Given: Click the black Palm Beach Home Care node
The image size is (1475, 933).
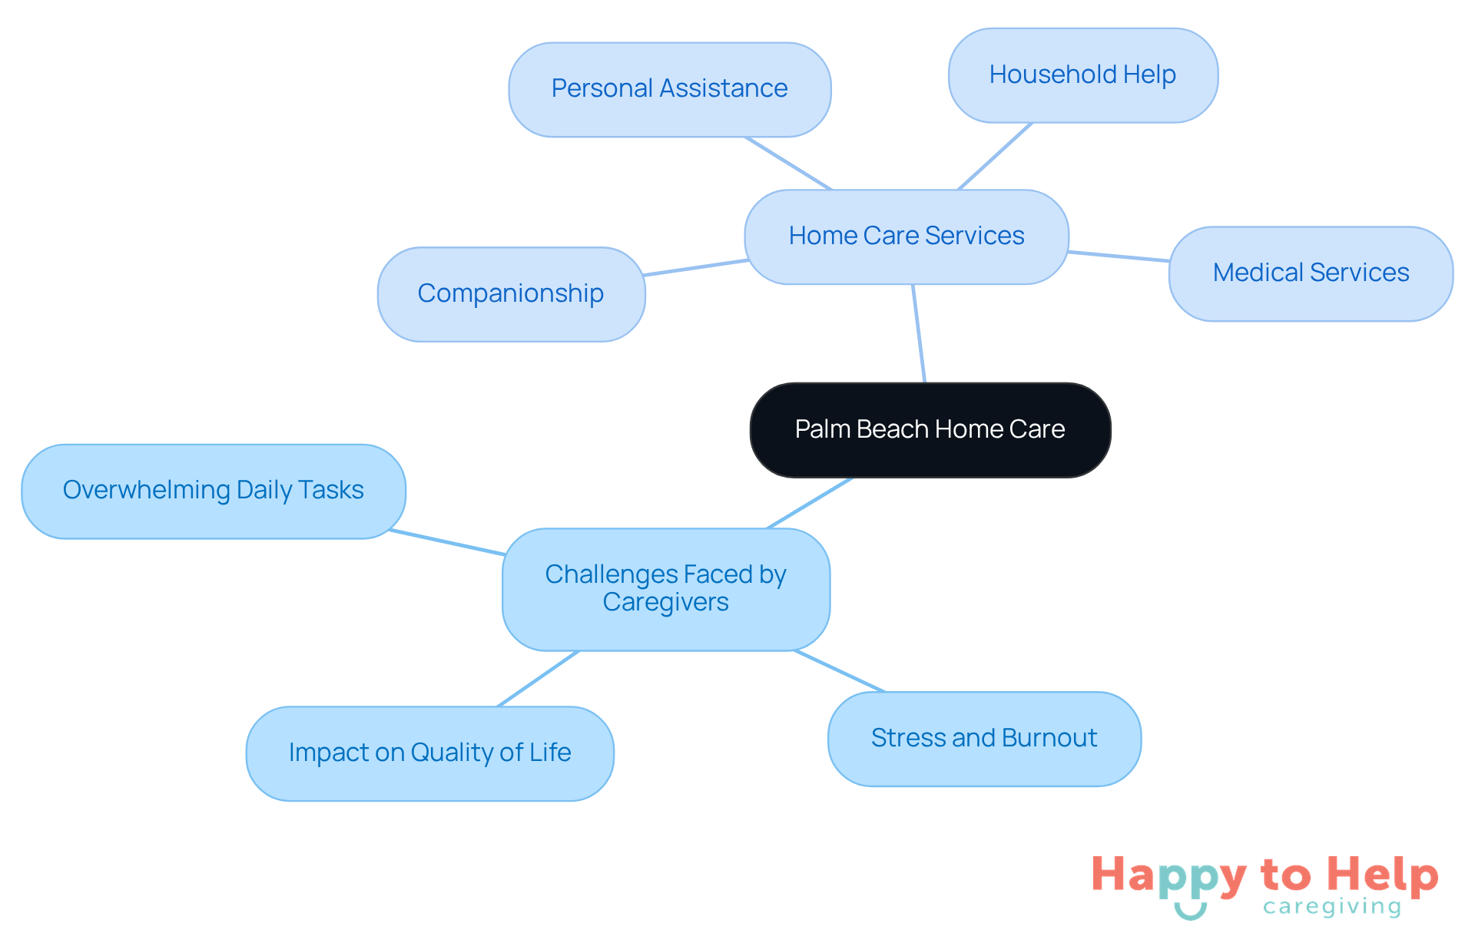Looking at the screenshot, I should pyautogui.click(x=930, y=429).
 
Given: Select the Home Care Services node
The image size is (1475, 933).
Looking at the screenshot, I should pyautogui.click(x=906, y=236).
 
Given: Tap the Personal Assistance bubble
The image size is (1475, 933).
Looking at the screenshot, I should pyautogui.click(x=669, y=89).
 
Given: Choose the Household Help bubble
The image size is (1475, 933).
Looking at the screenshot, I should pyautogui.click(x=1082, y=75).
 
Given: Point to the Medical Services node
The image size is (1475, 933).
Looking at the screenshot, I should pyautogui.click(x=1311, y=273).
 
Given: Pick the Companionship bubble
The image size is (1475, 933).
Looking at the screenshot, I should pyautogui.click(x=511, y=293).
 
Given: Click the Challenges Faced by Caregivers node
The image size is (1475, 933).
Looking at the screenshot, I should pyautogui.click(x=665, y=588).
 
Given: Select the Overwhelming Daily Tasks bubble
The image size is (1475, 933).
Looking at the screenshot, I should pyautogui.click(x=213, y=491).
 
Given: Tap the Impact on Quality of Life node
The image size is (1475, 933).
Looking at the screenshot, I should pyautogui.click(x=429, y=753).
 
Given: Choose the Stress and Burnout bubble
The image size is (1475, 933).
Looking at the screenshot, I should pyautogui.click(x=984, y=738).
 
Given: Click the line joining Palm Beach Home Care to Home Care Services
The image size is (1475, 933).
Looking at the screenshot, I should pyautogui.click(x=919, y=333).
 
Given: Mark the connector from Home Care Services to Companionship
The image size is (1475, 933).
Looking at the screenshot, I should pyautogui.click(x=695, y=267).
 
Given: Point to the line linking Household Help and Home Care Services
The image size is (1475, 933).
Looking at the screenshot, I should pyautogui.click(x=995, y=156).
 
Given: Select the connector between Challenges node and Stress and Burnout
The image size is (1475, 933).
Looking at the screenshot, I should pyautogui.click(x=839, y=671).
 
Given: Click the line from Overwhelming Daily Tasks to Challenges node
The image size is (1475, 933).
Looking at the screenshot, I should pyautogui.click(x=447, y=542).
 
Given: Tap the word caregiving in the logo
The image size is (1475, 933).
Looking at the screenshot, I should pyautogui.click(x=1332, y=907).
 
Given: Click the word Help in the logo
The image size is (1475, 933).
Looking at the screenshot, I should pyautogui.click(x=1382, y=875).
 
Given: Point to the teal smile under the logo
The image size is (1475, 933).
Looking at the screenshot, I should pyautogui.click(x=1190, y=911).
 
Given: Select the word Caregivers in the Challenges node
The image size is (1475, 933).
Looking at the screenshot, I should pyautogui.click(x=665, y=603).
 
